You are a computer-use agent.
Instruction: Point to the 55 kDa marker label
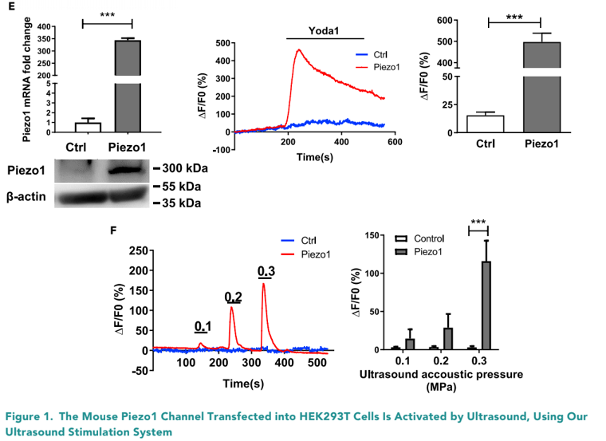179,186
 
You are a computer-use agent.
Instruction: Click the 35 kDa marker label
179,203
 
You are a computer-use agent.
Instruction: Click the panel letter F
113,230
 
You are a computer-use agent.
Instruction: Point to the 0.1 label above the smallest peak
203,325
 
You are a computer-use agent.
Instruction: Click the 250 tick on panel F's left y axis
140,250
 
